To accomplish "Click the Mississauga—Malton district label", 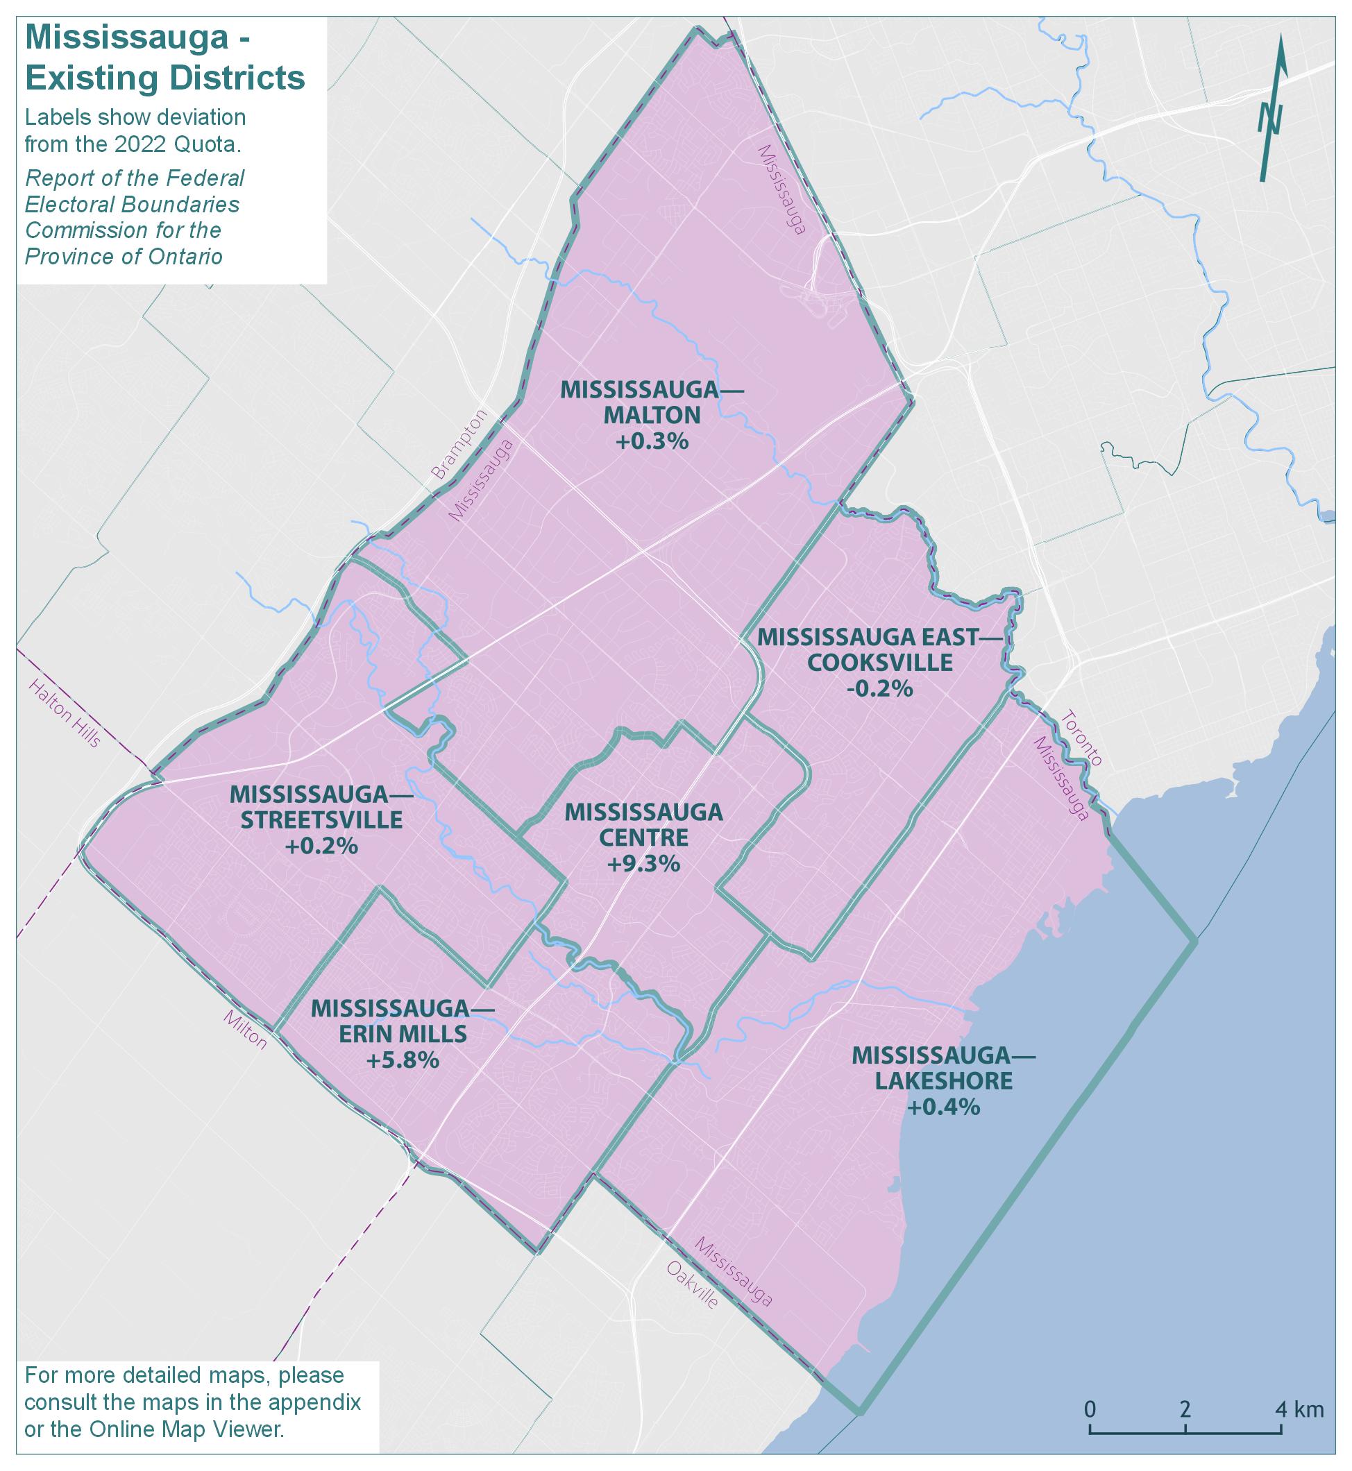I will [651, 402].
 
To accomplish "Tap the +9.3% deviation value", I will [643, 864].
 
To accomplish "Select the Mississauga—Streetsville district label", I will [321, 807].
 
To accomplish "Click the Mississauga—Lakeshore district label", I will [943, 1069].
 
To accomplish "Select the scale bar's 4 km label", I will [1299, 1409].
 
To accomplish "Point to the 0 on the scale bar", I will [1090, 1409].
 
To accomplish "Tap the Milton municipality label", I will [246, 1030].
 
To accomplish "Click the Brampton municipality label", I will [459, 444].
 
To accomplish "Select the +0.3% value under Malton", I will [652, 441].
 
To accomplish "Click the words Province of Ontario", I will [124, 257].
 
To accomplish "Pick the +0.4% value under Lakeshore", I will [943, 1107].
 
